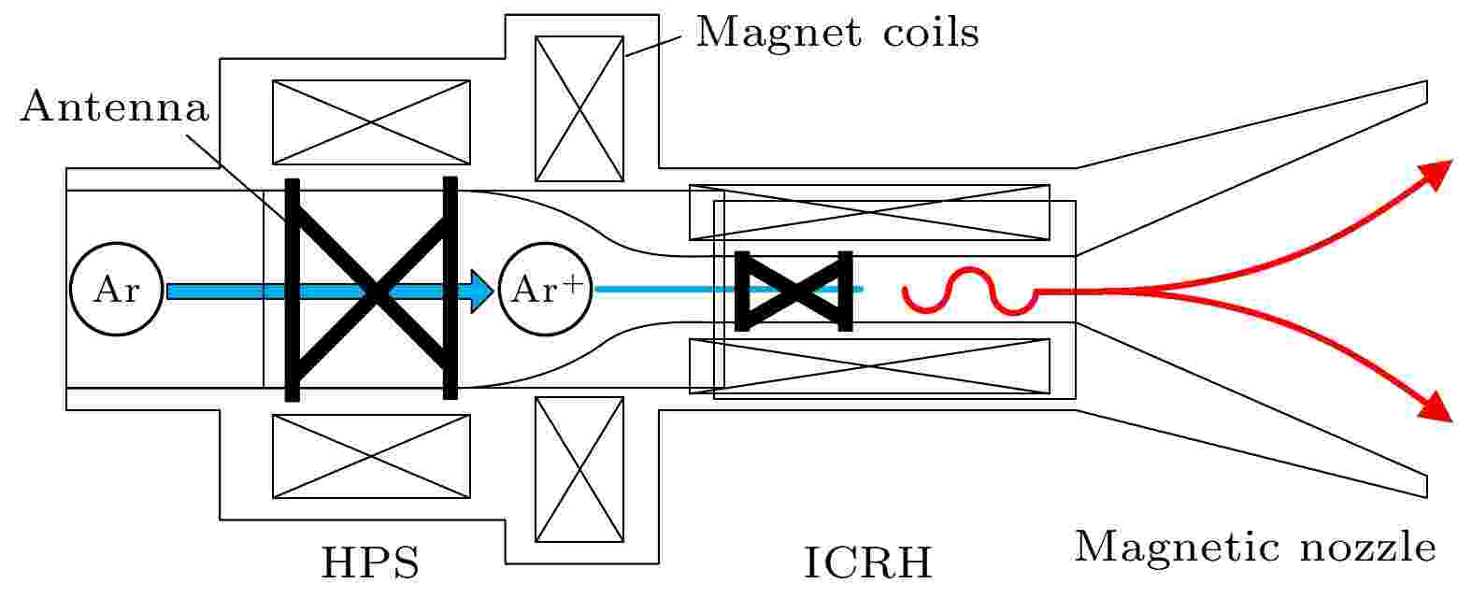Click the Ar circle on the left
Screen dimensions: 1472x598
(x=116, y=289)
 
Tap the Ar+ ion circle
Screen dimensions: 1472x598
(x=546, y=289)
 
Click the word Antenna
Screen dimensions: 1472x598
(x=115, y=107)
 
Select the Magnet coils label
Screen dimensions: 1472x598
(x=837, y=32)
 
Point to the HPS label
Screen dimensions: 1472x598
(x=370, y=562)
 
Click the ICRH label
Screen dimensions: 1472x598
(x=868, y=562)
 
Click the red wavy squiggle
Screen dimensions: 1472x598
(x=970, y=292)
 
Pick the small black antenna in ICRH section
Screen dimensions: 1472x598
(x=793, y=292)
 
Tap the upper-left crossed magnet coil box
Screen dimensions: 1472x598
(x=371, y=122)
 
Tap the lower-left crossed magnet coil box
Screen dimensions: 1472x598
(x=371, y=456)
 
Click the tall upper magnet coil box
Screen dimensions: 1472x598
(x=579, y=108)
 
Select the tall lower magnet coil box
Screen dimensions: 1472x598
(x=579, y=469)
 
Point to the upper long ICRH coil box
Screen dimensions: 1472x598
(x=869, y=212)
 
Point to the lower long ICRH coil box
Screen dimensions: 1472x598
(x=869, y=366)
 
